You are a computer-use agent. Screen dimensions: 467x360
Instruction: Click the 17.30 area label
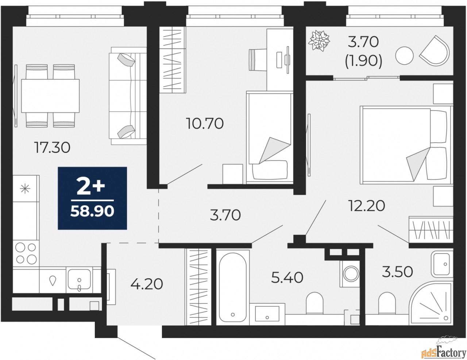click(x=52, y=148)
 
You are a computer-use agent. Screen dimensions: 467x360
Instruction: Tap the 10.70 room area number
click(x=205, y=124)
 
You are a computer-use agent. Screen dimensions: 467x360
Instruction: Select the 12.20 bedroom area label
click(x=367, y=206)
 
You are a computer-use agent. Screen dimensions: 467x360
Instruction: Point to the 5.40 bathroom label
click(x=287, y=277)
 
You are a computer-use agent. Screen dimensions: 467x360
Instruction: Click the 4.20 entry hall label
click(x=147, y=284)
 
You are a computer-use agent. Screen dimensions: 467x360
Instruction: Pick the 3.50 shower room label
click(x=397, y=271)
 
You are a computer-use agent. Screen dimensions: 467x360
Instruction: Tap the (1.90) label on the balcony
click(x=363, y=61)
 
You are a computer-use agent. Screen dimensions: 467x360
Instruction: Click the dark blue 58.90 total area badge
click(x=92, y=198)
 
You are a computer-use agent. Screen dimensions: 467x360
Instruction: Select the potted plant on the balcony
click(x=319, y=41)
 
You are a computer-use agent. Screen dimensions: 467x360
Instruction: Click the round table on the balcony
click(x=404, y=55)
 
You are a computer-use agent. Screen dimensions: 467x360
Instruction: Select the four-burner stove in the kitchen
click(x=26, y=253)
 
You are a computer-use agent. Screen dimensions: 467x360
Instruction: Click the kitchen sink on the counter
click(x=79, y=280)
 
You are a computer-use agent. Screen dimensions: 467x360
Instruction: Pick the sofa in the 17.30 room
click(x=128, y=96)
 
